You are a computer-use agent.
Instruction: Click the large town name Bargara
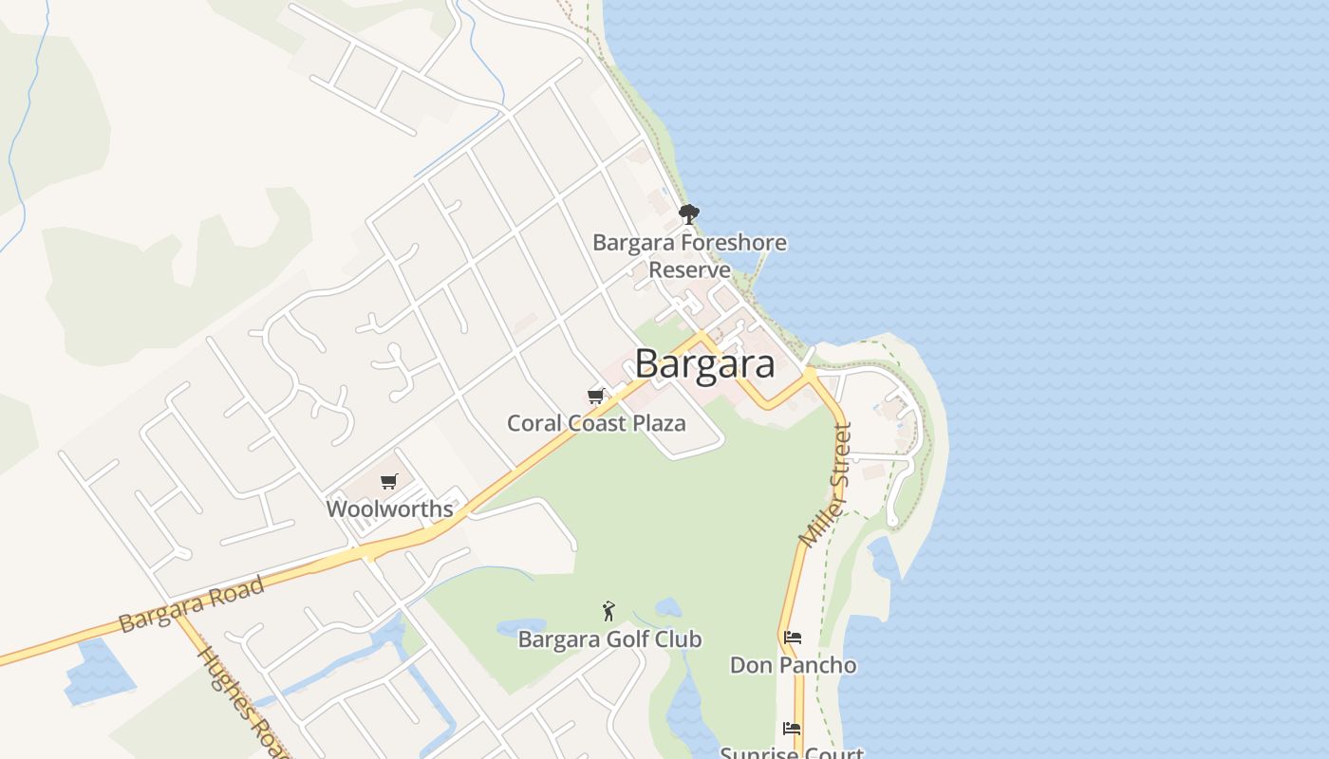pyautogui.click(x=704, y=364)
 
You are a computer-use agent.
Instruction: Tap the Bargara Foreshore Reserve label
pyautogui.click(x=689, y=255)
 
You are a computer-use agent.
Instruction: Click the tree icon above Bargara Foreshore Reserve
pyautogui.click(x=689, y=213)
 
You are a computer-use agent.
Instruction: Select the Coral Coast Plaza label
pyautogui.click(x=596, y=423)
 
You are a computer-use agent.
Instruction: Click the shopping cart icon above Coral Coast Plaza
pyautogui.click(x=595, y=396)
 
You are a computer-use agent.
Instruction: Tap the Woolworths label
pyautogui.click(x=389, y=509)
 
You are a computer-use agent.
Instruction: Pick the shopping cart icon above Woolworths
pyautogui.click(x=388, y=482)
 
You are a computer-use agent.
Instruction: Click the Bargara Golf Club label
pyautogui.click(x=609, y=639)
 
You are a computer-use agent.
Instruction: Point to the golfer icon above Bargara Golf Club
pyautogui.click(x=608, y=611)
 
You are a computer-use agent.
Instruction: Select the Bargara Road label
pyautogui.click(x=192, y=604)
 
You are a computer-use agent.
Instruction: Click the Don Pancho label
pyautogui.click(x=793, y=665)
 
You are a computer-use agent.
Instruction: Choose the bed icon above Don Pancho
pyautogui.click(x=793, y=638)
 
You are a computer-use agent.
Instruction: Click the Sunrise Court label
pyautogui.click(x=792, y=753)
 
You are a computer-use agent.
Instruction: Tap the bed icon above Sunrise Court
pyautogui.click(x=792, y=729)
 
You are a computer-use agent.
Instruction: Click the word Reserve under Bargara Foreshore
pyautogui.click(x=689, y=269)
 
